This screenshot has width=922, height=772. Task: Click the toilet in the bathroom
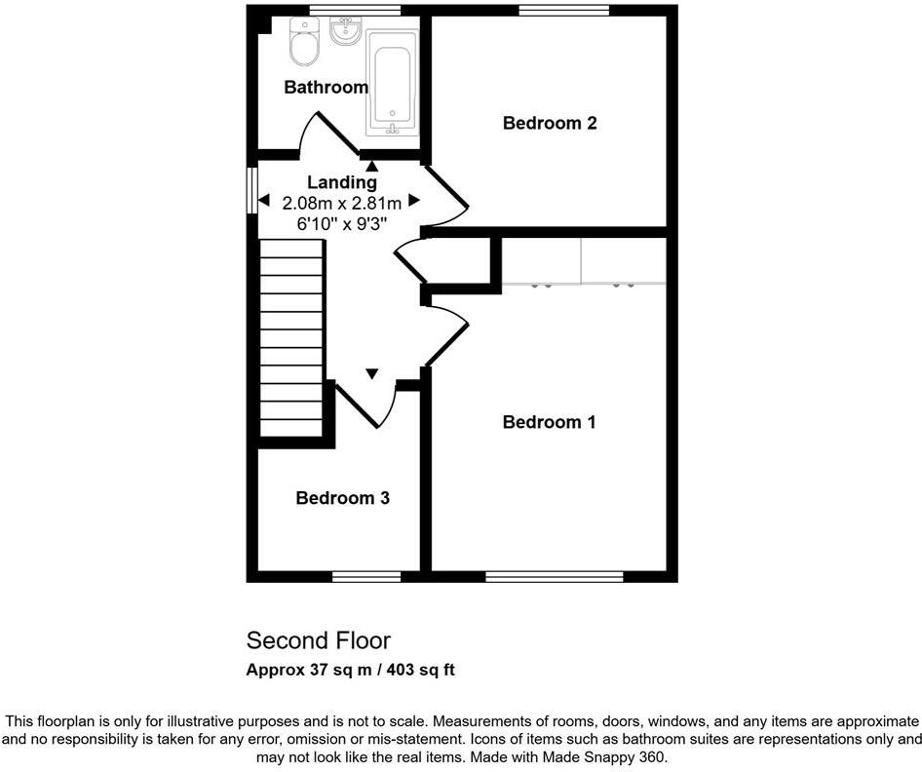click(304, 43)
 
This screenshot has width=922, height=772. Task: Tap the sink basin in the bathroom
click(346, 32)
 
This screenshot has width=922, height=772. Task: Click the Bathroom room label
click(326, 88)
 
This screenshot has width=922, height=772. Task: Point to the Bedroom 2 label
click(549, 123)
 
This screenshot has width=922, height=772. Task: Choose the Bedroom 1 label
click(549, 422)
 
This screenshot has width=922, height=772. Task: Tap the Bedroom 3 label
click(343, 498)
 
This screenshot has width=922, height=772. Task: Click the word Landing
click(341, 182)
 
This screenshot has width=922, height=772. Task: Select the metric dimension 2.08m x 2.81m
click(341, 203)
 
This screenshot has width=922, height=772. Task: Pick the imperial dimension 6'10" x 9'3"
click(341, 223)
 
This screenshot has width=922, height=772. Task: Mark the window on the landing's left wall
click(251, 189)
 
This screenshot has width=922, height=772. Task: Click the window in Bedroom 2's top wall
click(563, 11)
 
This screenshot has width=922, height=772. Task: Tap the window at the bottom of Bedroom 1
click(554, 576)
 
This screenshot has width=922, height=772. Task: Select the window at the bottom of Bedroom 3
click(365, 576)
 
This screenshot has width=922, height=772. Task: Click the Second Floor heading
click(318, 640)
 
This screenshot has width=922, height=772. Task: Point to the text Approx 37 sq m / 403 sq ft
click(350, 670)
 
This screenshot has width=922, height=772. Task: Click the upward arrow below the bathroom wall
click(371, 166)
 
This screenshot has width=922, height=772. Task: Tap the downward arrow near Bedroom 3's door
click(371, 373)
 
